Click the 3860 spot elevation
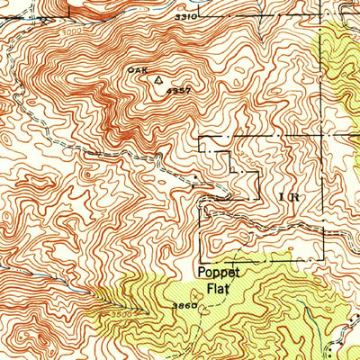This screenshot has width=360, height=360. click(183, 307)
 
